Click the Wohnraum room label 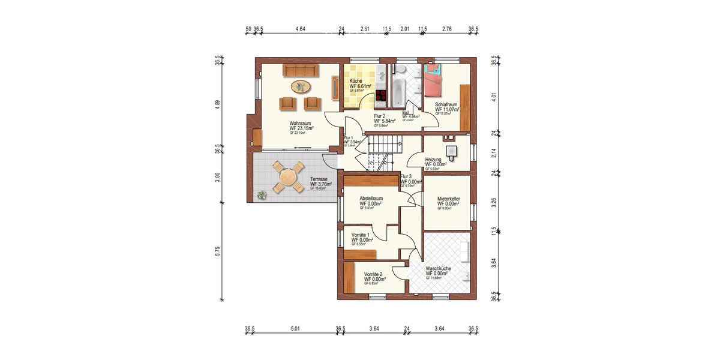pyautogui.click(x=301, y=124)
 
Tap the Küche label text pyautogui.click(x=356, y=81)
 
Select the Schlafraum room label pyautogui.click(x=446, y=104)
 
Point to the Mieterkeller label pyautogui.click(x=448, y=199)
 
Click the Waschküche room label pyautogui.click(x=438, y=269)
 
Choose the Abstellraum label pyautogui.click(x=371, y=199)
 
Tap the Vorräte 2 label pyautogui.click(x=374, y=274)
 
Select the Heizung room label pyautogui.click(x=433, y=160)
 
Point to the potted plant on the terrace pyautogui.click(x=262, y=194)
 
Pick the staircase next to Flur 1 pyautogui.click(x=381, y=152)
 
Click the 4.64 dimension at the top pyautogui.click(x=300, y=28)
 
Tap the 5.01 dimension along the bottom pyautogui.click(x=295, y=328)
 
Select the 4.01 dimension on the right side pyautogui.click(x=494, y=96)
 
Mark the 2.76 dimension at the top pyautogui.click(x=446, y=28)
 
